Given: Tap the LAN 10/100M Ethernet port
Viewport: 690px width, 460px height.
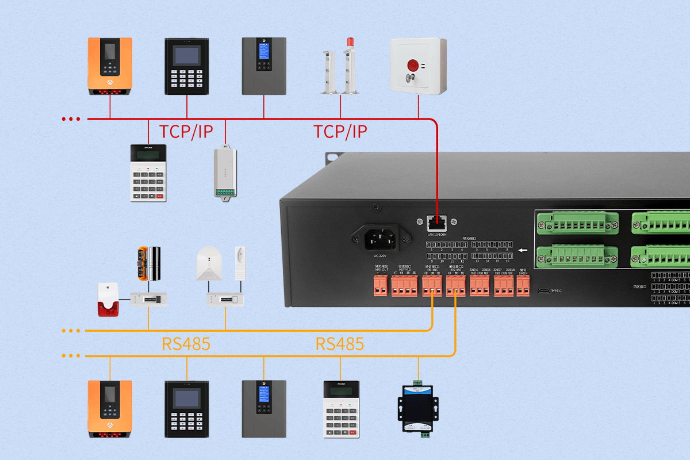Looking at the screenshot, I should (436, 222).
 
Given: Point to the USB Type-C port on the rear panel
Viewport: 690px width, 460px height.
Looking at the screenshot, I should (543, 290).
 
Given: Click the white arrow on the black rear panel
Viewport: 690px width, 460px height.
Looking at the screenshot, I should (523, 250).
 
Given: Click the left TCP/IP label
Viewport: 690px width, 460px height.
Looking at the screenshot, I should (186, 131).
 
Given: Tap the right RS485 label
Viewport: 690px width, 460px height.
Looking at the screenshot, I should (339, 344).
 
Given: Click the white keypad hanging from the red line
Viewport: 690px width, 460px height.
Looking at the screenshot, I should (148, 172).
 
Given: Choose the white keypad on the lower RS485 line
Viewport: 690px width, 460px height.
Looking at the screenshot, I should (340, 407).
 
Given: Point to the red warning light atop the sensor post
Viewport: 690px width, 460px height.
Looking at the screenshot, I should (349, 43).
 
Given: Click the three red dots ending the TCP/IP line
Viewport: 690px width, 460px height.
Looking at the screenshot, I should (71, 119).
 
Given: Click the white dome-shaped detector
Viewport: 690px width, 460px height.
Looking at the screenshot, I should (208, 264).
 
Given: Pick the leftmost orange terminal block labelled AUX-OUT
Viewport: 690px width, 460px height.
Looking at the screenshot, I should (381, 286).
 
